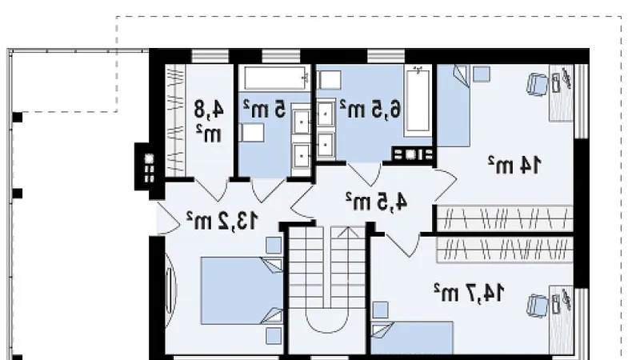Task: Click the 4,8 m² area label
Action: [x=210, y=122]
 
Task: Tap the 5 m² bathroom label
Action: [x=265, y=110]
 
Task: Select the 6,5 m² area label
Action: [x=370, y=109]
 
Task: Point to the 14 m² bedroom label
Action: [x=515, y=165]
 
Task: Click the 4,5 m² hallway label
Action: [x=376, y=202]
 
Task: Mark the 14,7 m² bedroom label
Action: [x=469, y=292]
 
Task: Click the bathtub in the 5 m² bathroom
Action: [x=275, y=78]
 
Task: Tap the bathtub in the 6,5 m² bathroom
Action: [x=417, y=102]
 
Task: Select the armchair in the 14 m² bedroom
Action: [x=538, y=85]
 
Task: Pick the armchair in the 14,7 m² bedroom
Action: [x=537, y=306]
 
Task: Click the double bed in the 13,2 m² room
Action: [x=242, y=290]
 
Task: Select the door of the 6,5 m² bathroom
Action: [x=365, y=174]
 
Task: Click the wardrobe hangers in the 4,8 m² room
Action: [x=175, y=121]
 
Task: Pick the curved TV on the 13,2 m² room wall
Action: [x=170, y=290]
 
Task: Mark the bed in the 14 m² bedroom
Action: [x=453, y=106]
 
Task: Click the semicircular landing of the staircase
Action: [x=326, y=321]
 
